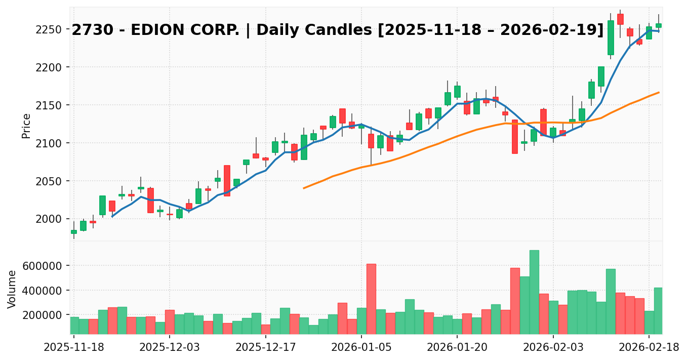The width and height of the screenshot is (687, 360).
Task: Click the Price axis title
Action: coord(26,126)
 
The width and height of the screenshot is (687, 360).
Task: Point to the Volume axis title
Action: coord(12,289)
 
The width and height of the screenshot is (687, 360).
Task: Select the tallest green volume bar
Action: coord(534,292)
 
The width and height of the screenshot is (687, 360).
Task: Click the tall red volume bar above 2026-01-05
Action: coord(371,299)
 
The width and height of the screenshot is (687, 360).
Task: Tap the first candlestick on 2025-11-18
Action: coord(74,231)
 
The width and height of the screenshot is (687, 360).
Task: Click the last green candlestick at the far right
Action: coord(659,25)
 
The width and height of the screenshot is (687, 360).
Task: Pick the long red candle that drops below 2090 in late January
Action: coord(515,136)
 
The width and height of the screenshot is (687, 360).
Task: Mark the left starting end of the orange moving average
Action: coord(304,188)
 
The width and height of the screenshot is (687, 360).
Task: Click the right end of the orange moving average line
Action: coord(659,92)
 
